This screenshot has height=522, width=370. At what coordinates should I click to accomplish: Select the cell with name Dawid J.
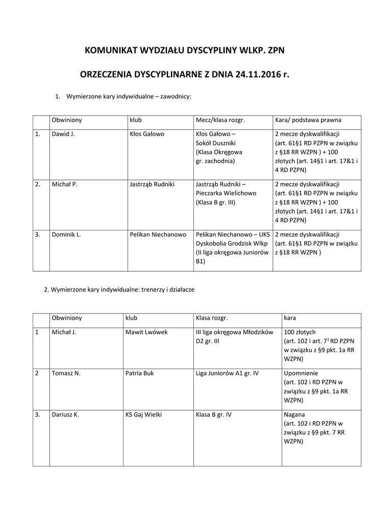click(63, 134)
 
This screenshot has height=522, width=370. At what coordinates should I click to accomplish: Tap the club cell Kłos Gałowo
click(147, 134)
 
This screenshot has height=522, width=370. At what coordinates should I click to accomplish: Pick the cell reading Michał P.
click(64, 184)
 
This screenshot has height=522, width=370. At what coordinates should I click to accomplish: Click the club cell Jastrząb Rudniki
click(152, 184)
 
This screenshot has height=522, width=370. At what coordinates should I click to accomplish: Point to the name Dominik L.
click(66, 234)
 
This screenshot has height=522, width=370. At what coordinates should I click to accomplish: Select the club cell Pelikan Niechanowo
click(158, 234)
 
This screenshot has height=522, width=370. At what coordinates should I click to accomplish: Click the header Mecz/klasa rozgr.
click(220, 120)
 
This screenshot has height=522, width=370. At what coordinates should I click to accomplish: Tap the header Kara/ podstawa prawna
click(308, 120)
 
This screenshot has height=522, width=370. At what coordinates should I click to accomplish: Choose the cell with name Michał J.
click(64, 332)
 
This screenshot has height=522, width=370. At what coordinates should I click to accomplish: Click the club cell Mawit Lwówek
click(146, 332)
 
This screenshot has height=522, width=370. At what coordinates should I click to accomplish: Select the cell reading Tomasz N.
click(66, 373)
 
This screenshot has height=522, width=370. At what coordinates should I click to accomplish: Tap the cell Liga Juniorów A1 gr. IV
click(227, 373)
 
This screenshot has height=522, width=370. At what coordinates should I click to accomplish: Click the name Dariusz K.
click(65, 414)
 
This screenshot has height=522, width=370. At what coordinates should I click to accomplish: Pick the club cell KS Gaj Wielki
click(143, 414)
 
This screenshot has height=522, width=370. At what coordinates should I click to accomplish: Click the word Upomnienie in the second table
click(300, 373)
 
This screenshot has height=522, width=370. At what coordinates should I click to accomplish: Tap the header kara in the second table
click(289, 318)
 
